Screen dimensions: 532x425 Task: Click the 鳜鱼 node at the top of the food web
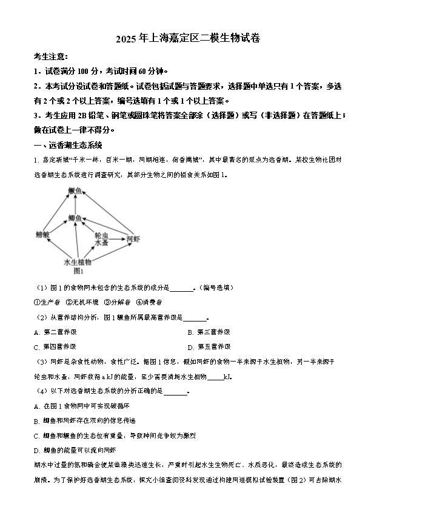point(75,191)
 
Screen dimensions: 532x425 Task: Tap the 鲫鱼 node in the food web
point(75,217)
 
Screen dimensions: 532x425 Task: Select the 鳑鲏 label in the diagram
point(42,235)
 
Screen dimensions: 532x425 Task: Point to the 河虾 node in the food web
point(132,239)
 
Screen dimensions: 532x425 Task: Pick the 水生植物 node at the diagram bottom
point(77,262)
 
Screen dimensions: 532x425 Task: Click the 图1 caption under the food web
point(78,271)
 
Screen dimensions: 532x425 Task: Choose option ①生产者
point(47,302)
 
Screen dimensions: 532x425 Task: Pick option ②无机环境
point(82,302)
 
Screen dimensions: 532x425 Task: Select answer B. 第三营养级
point(209,332)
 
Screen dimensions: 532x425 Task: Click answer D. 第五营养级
point(209,347)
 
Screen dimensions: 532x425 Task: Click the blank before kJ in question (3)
point(215,377)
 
